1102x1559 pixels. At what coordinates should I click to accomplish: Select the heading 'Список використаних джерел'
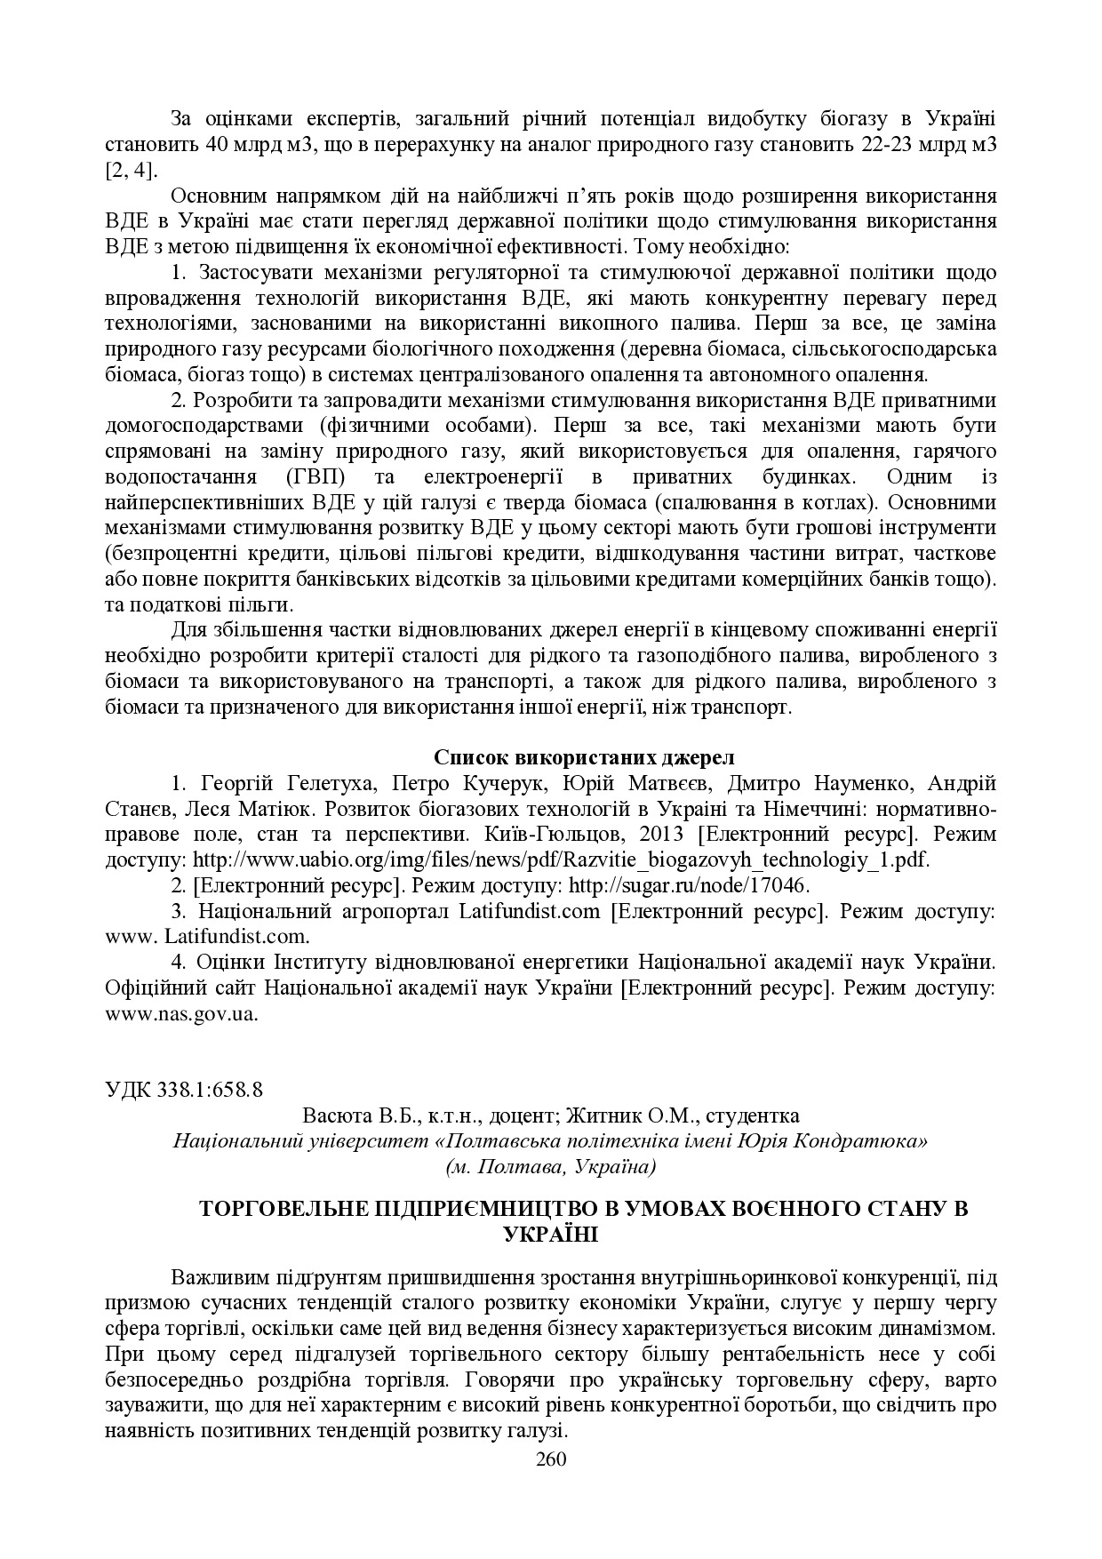[584, 757]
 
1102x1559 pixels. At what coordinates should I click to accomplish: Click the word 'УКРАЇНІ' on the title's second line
[550, 1234]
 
